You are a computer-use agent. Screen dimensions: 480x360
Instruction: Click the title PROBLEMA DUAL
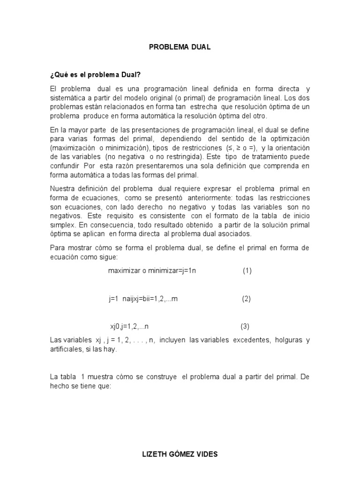click(180, 47)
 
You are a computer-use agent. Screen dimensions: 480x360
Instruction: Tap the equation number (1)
click(247, 271)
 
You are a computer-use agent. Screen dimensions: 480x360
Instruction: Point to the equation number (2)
click(247, 299)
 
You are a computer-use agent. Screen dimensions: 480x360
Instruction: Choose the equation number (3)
click(245, 326)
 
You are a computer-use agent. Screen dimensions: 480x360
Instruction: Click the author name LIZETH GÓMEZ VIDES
click(180, 454)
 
